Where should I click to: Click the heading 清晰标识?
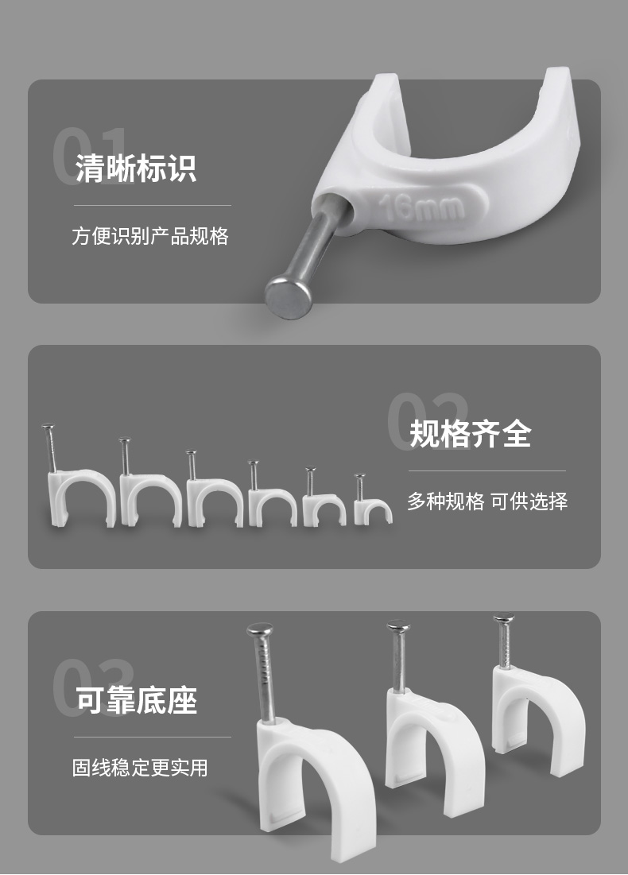coord(136,168)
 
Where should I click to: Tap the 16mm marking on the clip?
coord(422,207)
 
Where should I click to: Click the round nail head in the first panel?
coord(287,296)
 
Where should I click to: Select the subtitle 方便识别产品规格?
coord(150,236)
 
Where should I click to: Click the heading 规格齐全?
coord(471,434)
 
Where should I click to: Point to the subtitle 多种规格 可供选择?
coord(487,501)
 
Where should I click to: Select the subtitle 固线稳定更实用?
coord(140,767)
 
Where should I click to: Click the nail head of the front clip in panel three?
coord(260,630)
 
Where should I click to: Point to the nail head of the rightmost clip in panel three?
coord(504,618)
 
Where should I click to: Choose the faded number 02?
coord(428,421)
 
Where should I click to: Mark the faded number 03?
coord(93,687)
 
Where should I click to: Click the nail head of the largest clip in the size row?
coord(48,427)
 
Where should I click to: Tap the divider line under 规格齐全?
coord(487,471)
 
